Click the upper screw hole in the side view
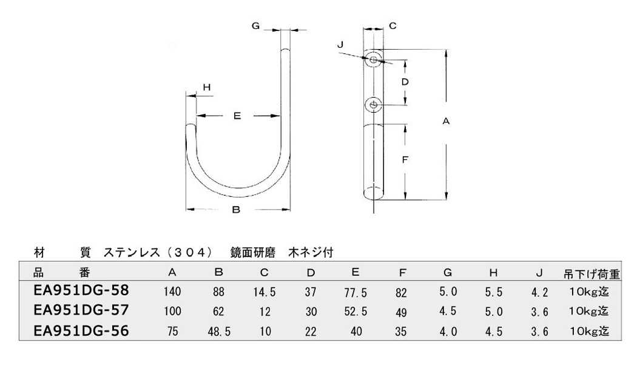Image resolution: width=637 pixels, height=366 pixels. (373, 61)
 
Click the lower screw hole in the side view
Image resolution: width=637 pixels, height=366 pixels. (373, 105)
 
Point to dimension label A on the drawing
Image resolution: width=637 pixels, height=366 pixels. (446, 121)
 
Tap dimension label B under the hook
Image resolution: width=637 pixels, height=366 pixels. (236, 210)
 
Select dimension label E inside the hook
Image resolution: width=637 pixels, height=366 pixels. (237, 116)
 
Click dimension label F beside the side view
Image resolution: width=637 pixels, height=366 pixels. (405, 160)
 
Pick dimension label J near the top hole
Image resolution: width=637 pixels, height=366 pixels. (340, 45)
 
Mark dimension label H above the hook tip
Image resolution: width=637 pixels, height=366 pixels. (207, 87)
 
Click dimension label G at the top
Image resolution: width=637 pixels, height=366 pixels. (255, 26)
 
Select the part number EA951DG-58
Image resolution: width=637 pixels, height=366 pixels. (81, 290)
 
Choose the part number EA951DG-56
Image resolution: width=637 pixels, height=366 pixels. (81, 331)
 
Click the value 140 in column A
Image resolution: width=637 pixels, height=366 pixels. (173, 291)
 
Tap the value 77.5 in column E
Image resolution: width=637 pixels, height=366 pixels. (356, 292)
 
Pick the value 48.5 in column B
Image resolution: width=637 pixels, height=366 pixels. (219, 331)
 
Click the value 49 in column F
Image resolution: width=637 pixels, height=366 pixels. (401, 312)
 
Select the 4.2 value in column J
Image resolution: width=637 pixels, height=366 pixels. (539, 292)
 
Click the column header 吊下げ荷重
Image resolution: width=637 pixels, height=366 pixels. (591, 274)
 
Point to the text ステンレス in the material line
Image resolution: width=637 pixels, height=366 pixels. (132, 253)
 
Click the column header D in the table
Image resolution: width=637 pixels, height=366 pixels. (311, 273)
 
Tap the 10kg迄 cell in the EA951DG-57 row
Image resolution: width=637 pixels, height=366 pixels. (589, 311)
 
